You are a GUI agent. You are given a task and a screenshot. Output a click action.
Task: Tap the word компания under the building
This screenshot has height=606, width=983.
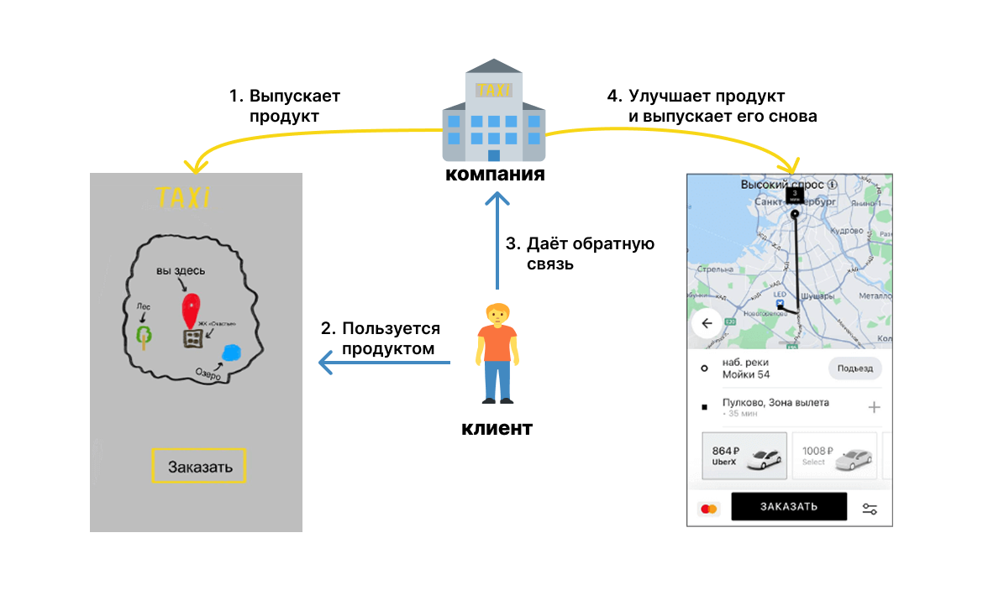click(x=495, y=175)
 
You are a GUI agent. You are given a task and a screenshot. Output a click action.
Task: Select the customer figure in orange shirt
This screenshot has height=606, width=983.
click(x=497, y=353)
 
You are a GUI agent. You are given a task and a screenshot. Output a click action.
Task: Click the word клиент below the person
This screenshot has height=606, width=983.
click(x=497, y=428)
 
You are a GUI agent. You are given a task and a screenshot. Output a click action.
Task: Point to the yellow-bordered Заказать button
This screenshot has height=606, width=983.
click(x=198, y=466)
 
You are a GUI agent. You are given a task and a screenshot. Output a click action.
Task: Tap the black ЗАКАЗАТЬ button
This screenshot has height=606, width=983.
click(x=789, y=507)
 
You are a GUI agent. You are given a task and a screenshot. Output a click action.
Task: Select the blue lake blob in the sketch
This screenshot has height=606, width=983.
click(x=230, y=353)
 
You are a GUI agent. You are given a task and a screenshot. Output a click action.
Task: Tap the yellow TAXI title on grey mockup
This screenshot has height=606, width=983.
click(x=183, y=198)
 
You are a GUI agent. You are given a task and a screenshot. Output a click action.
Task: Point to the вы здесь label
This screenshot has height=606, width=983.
click(x=181, y=270)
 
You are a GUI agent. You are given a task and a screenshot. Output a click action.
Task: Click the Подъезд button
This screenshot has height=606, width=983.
click(x=854, y=368)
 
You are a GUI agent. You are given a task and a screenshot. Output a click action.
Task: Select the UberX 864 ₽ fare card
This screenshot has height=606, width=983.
click(x=744, y=456)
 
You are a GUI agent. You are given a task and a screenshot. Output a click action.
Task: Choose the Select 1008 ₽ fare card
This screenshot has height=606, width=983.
click(x=834, y=456)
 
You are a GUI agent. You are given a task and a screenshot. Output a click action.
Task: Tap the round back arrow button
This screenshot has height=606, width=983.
click(x=707, y=323)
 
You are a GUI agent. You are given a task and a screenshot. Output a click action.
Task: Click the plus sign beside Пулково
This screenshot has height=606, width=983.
click(x=874, y=407)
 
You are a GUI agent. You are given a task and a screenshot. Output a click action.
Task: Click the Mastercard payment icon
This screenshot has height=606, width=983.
click(x=709, y=509)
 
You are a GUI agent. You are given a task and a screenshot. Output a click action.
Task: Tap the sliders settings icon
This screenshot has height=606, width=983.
click(x=870, y=509)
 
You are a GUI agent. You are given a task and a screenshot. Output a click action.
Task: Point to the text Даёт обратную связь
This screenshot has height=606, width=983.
click(x=580, y=253)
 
